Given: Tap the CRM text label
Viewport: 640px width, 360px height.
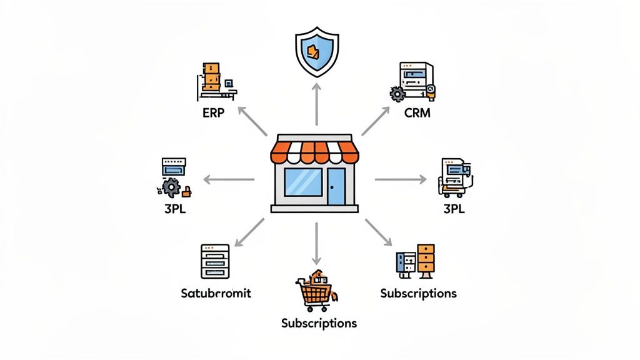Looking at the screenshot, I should pos(417,113).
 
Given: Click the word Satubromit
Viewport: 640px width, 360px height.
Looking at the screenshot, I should pos(215,292).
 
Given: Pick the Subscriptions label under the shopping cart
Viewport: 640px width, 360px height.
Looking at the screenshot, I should pos(319,323).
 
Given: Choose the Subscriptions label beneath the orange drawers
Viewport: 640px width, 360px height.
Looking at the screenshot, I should pos(418,293).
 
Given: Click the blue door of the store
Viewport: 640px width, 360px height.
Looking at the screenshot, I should pos(336,186).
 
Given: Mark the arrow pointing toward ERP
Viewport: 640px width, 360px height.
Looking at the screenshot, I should pos(252,121).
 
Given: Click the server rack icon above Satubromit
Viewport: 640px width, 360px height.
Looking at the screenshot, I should pos(215,261).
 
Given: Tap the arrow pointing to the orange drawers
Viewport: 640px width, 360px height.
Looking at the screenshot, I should pos(379,233).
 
